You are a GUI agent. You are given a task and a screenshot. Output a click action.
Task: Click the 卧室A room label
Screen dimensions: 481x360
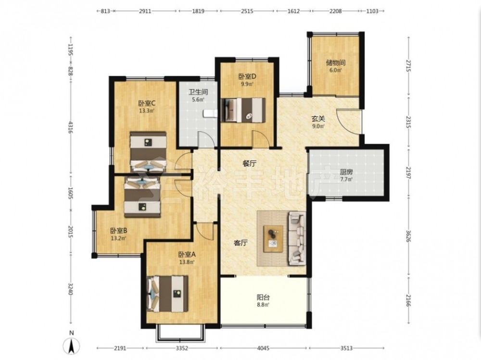pos(187,255)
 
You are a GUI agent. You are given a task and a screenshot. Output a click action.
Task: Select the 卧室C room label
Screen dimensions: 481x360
pos(147,103)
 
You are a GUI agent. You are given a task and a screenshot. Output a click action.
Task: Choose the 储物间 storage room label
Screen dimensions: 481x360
pos(336,63)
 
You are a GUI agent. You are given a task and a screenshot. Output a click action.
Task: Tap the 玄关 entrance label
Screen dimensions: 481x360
pos(318,118)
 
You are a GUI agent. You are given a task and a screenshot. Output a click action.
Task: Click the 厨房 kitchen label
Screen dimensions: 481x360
pos(346,172)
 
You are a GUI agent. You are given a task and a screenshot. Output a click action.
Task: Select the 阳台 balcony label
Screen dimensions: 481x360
pos(263,297)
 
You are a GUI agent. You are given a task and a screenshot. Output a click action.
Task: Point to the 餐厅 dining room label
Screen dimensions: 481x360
pos(249,164)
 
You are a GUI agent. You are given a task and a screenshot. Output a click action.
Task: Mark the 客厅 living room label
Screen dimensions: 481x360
pos(240,243)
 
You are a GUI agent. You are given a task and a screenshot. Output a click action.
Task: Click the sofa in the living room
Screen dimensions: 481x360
pos(297,238)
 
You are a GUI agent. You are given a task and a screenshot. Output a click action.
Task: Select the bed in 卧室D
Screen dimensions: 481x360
pos(243,110)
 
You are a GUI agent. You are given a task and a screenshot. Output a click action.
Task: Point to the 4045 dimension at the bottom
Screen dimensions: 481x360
pos(263,348)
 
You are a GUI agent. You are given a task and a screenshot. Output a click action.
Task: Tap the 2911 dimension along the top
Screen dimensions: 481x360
pos(145,12)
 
